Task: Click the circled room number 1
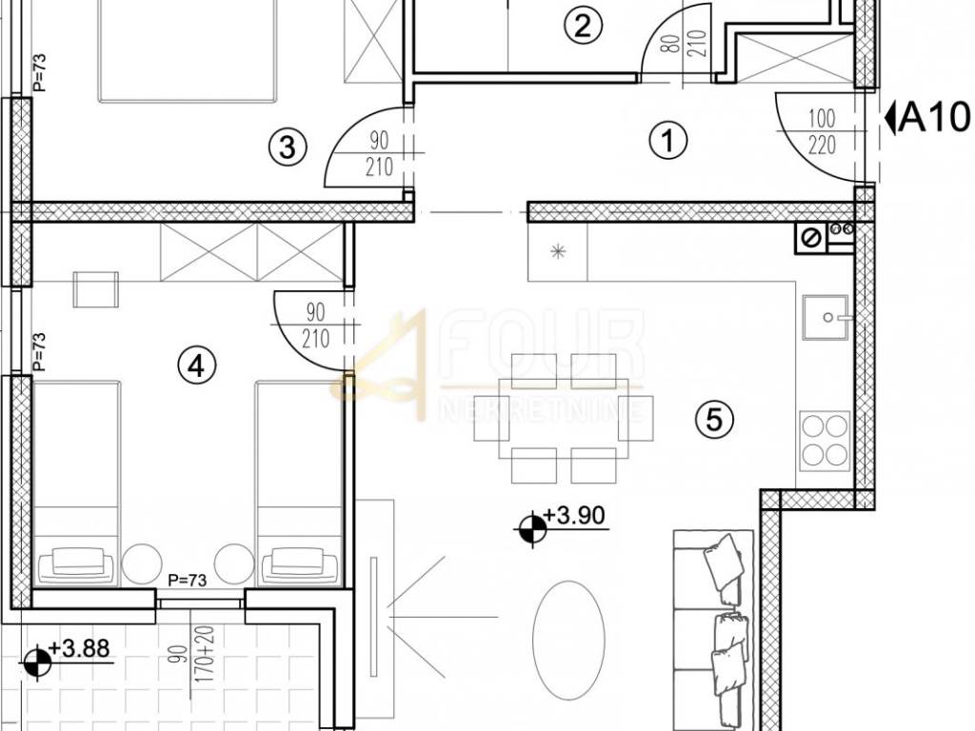pyautogui.click(x=667, y=139)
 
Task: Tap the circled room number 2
pyautogui.click(x=583, y=26)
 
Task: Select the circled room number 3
pyautogui.click(x=288, y=148)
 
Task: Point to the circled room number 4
pyautogui.click(x=196, y=365)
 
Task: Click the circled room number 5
pyautogui.click(x=714, y=419)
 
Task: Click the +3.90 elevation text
pyautogui.click(x=574, y=515)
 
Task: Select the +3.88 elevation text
pyautogui.click(x=79, y=648)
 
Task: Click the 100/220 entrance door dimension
pyautogui.click(x=822, y=131)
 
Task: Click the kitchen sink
pyautogui.click(x=826, y=317)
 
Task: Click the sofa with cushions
pyautogui.click(x=714, y=630)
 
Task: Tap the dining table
pyautogui.click(x=563, y=417)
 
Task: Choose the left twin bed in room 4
pyautogui.click(x=75, y=484)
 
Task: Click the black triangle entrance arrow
pyautogui.click(x=890, y=118)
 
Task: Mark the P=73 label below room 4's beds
pyautogui.click(x=188, y=581)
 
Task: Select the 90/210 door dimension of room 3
pyautogui.click(x=379, y=153)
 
